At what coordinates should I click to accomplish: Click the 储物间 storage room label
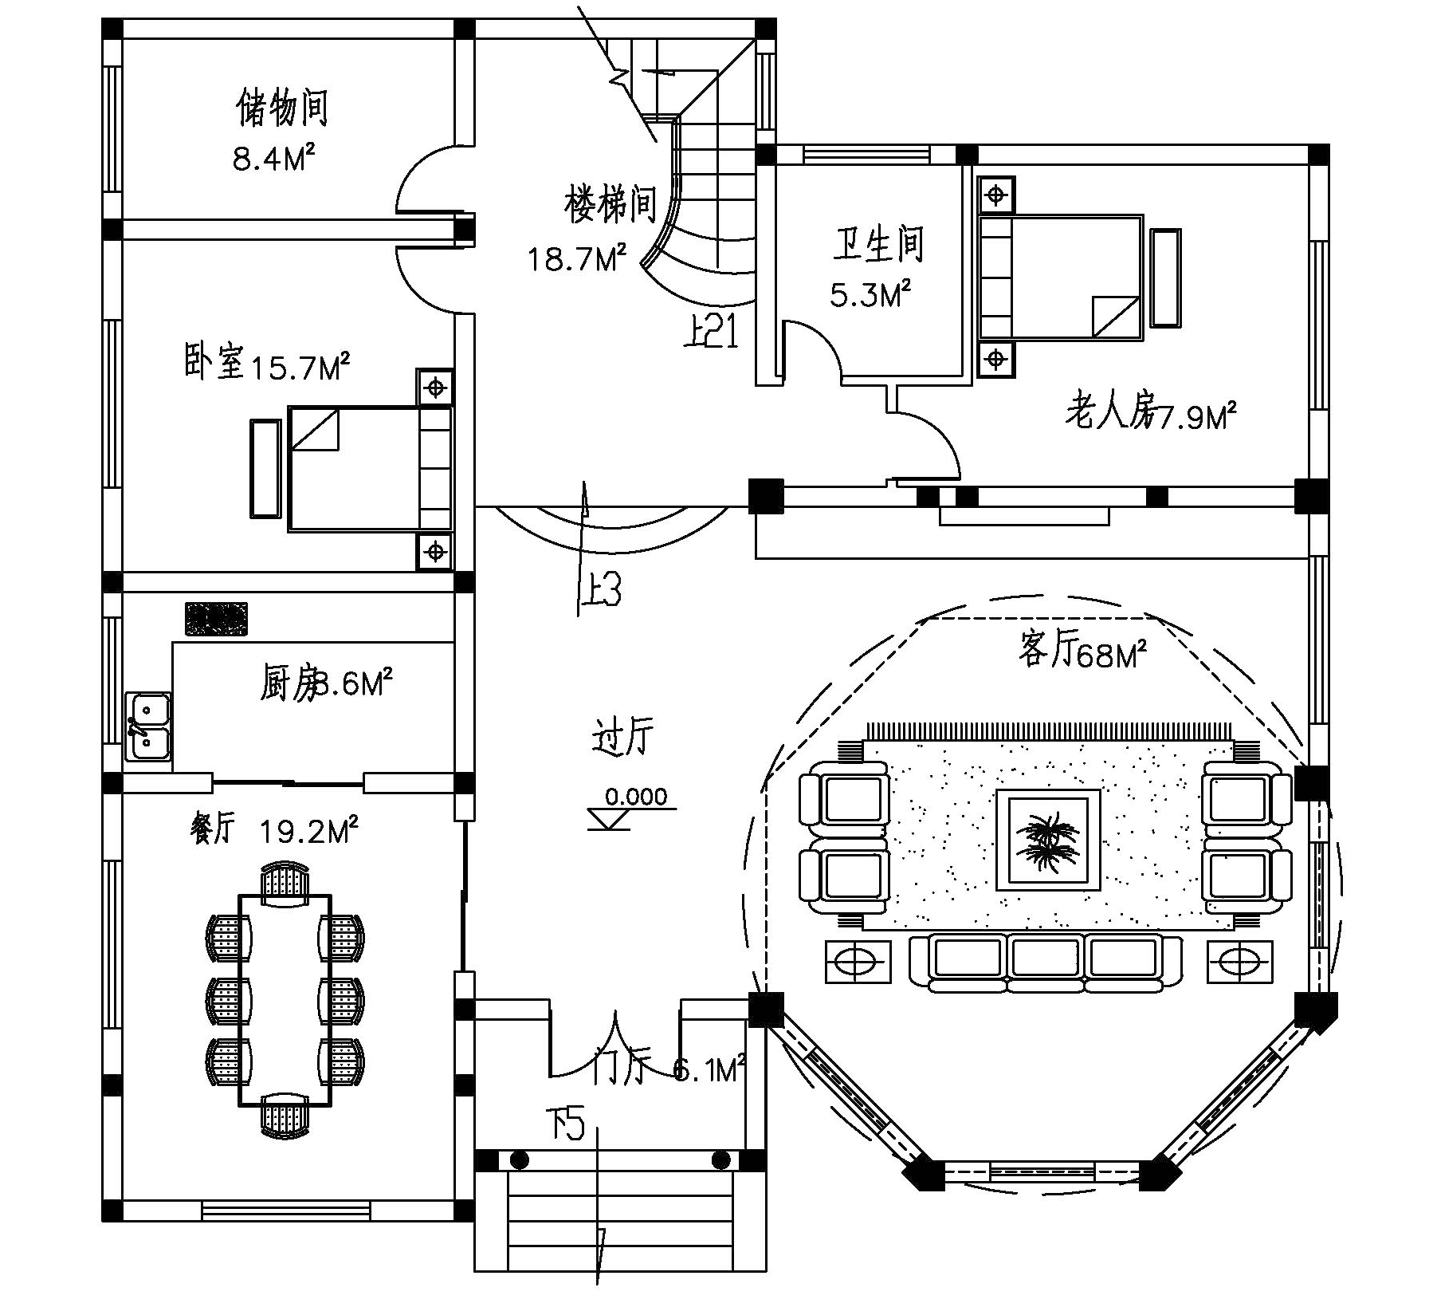pyautogui.click(x=282, y=109)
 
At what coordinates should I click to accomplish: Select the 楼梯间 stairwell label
pyautogui.click(x=610, y=204)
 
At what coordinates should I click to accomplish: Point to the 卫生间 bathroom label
pyautogui.click(x=878, y=244)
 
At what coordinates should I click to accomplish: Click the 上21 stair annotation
pyautogui.click(x=712, y=332)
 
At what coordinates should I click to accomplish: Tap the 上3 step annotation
pyautogui.click(x=599, y=591)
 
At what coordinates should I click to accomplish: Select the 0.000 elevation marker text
pyautogui.click(x=635, y=796)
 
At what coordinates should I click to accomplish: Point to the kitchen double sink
pyautogui.click(x=149, y=726)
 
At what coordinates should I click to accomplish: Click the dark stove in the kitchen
pyautogui.click(x=216, y=619)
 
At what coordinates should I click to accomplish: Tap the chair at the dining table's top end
pyautogui.click(x=285, y=882)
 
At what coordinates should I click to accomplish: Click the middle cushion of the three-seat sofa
pyautogui.click(x=1046, y=958)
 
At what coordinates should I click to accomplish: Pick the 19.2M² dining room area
pyautogui.click(x=308, y=833)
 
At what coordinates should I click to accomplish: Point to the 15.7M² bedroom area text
pyautogui.click(x=300, y=368)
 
